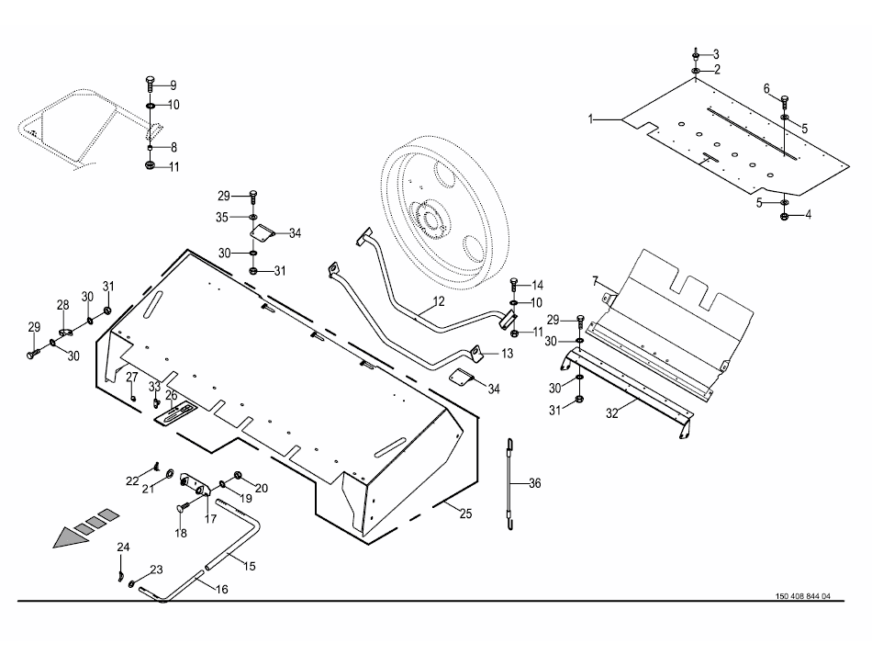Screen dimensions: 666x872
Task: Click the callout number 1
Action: click(592, 119)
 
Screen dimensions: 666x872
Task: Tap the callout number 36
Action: click(535, 482)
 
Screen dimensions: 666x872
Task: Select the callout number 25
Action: click(465, 514)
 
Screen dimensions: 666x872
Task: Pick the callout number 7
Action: click(595, 279)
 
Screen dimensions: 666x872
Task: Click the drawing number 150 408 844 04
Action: click(797, 596)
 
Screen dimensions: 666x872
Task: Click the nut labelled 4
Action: click(785, 216)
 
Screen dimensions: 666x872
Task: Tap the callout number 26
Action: click(171, 396)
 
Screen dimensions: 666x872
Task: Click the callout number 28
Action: click(63, 304)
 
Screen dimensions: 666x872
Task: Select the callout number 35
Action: click(222, 218)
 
